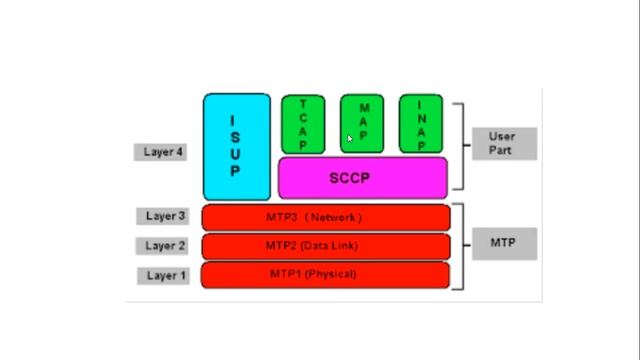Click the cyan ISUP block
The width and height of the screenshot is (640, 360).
coord(237,147)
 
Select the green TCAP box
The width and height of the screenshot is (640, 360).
coord(303,124)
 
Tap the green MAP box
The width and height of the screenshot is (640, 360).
coord(362,124)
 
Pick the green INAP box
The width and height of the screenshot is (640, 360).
coord(421,124)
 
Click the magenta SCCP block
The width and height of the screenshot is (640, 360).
coord(362,178)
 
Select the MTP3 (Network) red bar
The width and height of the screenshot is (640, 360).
coord(326,217)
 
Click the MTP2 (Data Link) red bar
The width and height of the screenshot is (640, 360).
coord(326,246)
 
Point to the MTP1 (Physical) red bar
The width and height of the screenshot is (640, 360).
coord(326,274)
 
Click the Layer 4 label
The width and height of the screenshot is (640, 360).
coord(160,153)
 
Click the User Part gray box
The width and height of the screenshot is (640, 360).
coord(504,143)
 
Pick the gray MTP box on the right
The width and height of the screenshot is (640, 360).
coord(504,243)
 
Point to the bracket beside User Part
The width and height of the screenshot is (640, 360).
coord(461,145)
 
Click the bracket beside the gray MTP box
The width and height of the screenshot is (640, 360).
coord(459,246)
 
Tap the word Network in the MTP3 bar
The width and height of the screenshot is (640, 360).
coord(334,217)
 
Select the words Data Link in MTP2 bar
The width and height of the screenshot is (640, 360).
coord(329,246)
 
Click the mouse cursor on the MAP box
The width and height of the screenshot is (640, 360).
coord(350,139)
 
